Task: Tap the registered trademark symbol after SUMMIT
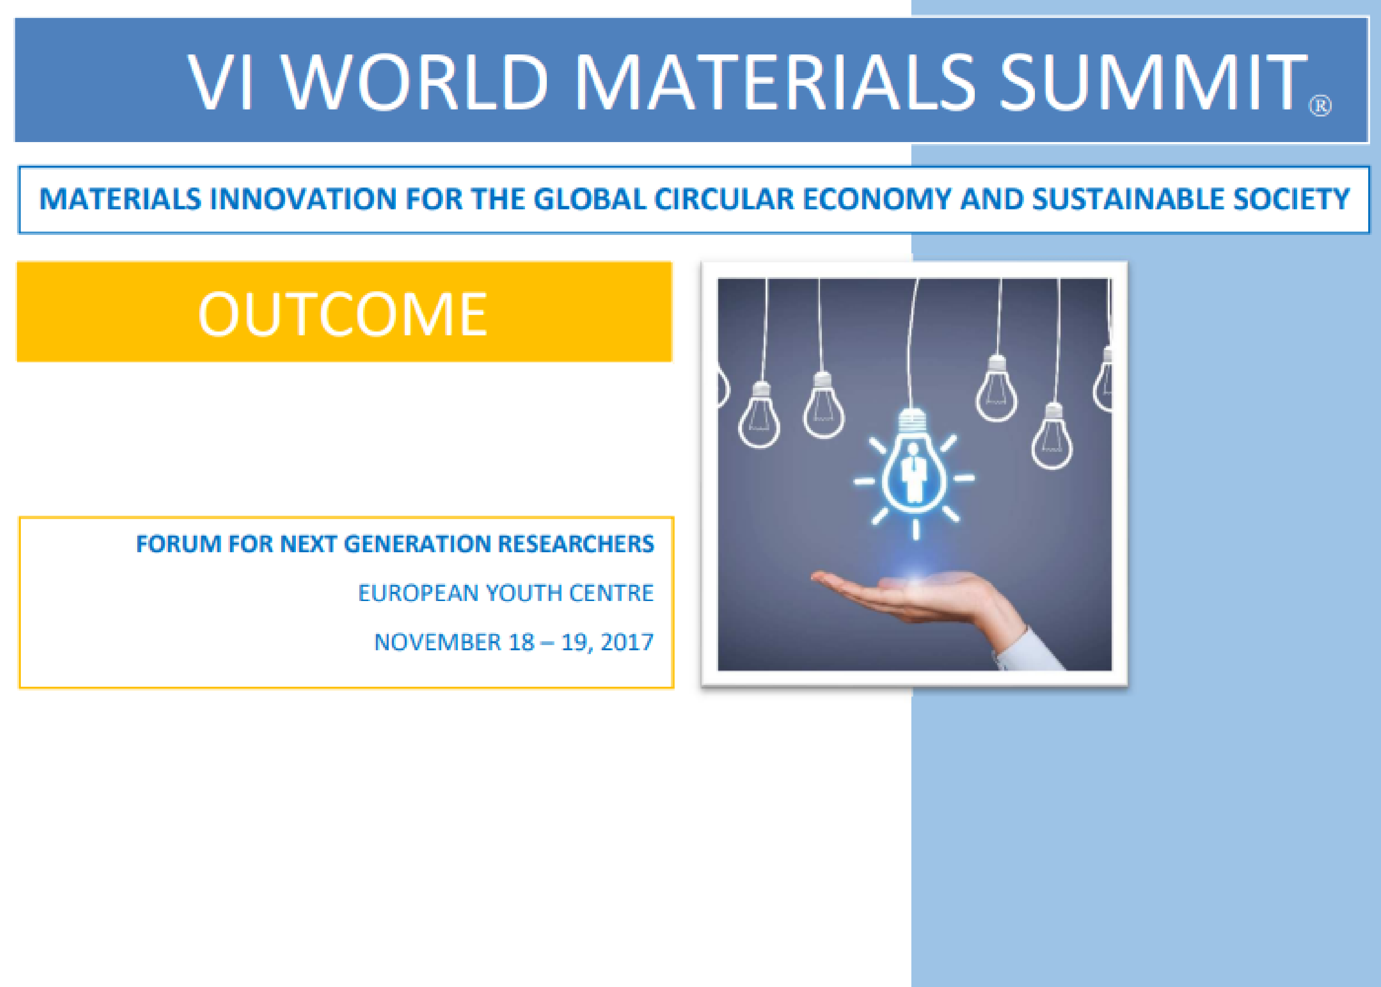point(1319,105)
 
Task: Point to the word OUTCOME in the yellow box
point(343,314)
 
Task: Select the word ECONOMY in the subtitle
point(877,199)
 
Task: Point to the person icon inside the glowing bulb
point(913,473)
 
